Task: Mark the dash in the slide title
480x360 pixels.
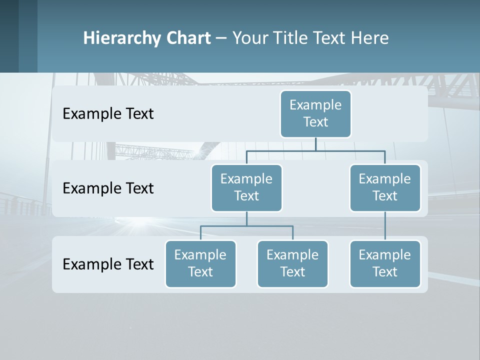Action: pos(221,38)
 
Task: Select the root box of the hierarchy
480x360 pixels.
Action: pos(315,114)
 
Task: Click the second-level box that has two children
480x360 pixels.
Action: pos(246,188)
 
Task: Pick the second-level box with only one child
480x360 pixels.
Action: pos(385,188)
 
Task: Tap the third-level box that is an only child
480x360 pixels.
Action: pos(385,264)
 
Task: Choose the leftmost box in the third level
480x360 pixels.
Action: pos(200,264)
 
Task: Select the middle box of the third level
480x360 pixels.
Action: pos(292,264)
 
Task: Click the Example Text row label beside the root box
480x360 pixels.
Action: pos(108,114)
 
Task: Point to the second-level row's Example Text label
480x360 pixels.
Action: pos(108,188)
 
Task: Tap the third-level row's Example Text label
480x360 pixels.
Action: pos(108,264)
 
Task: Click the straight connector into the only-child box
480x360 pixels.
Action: pos(385,226)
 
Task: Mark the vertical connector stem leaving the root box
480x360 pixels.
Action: pos(315,143)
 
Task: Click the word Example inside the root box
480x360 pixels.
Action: pos(315,105)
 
